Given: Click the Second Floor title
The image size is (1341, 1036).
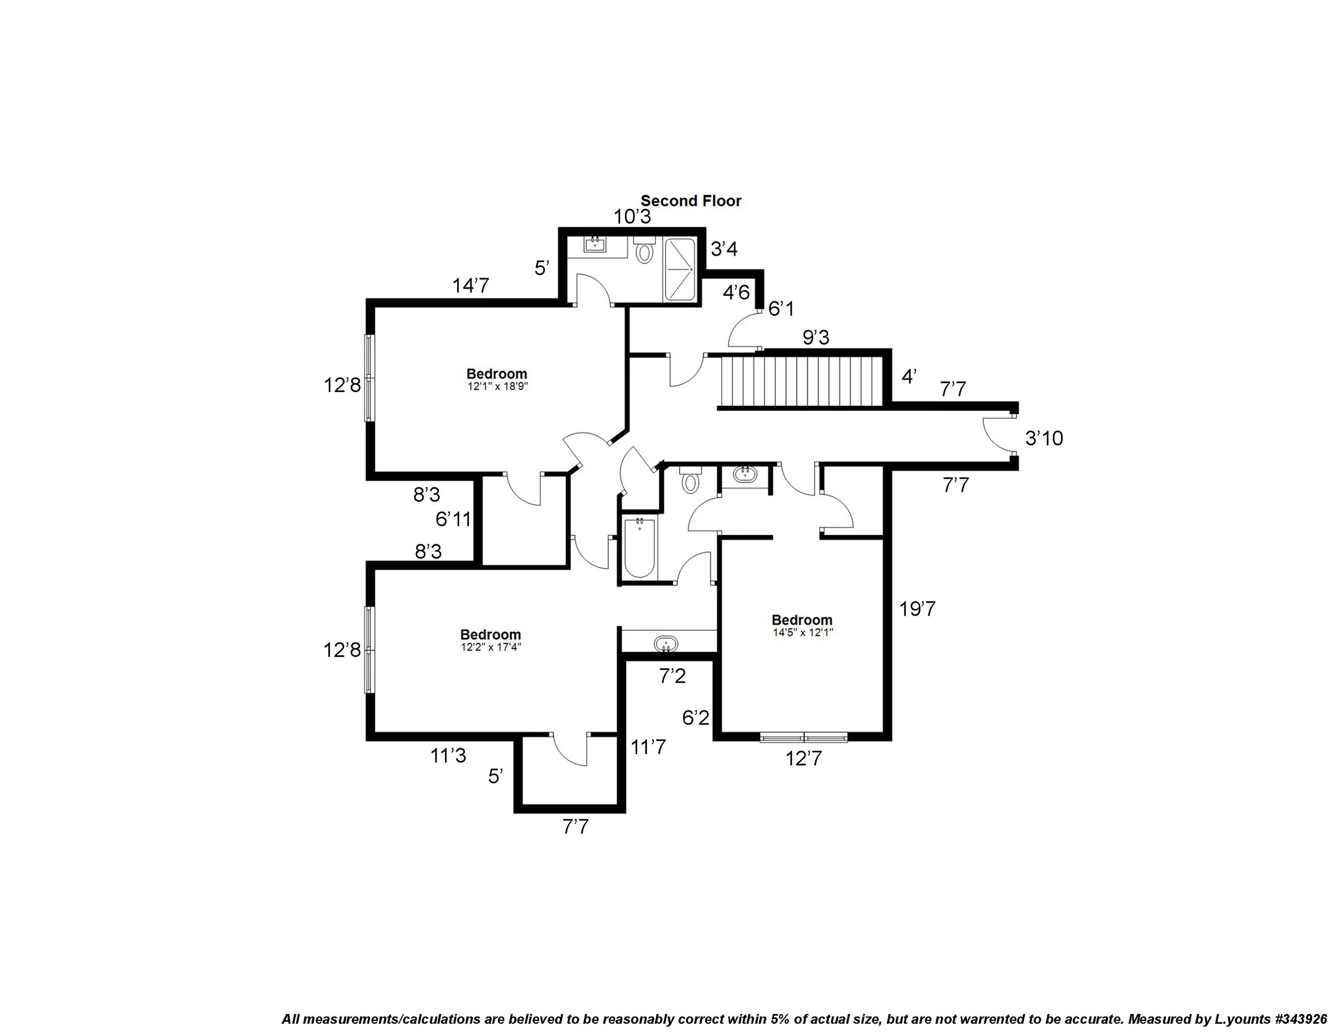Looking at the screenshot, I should pyautogui.click(x=691, y=201).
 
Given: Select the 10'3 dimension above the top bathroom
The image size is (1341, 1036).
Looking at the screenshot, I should pyautogui.click(x=632, y=217).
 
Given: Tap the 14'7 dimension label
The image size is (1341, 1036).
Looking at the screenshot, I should pyautogui.click(x=470, y=285).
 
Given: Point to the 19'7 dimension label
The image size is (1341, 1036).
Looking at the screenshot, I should pyautogui.click(x=917, y=609).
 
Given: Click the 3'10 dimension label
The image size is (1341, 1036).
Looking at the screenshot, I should pyautogui.click(x=1044, y=438).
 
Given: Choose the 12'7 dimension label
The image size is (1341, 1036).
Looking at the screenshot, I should pyautogui.click(x=803, y=759).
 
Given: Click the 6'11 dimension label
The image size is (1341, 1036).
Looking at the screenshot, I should pyautogui.click(x=453, y=519).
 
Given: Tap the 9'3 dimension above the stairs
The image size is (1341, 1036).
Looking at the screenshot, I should pyautogui.click(x=815, y=338).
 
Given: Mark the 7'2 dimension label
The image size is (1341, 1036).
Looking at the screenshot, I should pyautogui.click(x=672, y=676).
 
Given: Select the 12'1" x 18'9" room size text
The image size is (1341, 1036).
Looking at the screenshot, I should pyautogui.click(x=497, y=387).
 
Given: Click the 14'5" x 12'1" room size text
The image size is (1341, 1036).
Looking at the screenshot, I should pyautogui.click(x=802, y=632).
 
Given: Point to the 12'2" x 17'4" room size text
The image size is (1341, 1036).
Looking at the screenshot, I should pyautogui.click(x=491, y=647).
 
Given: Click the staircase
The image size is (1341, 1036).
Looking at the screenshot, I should pyautogui.click(x=801, y=382).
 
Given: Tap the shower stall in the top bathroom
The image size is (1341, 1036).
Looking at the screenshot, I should pyautogui.click(x=680, y=269).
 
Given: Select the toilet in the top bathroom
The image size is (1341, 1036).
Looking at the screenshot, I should pyautogui.click(x=644, y=250).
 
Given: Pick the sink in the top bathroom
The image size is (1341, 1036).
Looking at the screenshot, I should pyautogui.click(x=594, y=245).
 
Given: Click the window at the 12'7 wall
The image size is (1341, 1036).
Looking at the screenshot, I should pyautogui.click(x=803, y=737).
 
